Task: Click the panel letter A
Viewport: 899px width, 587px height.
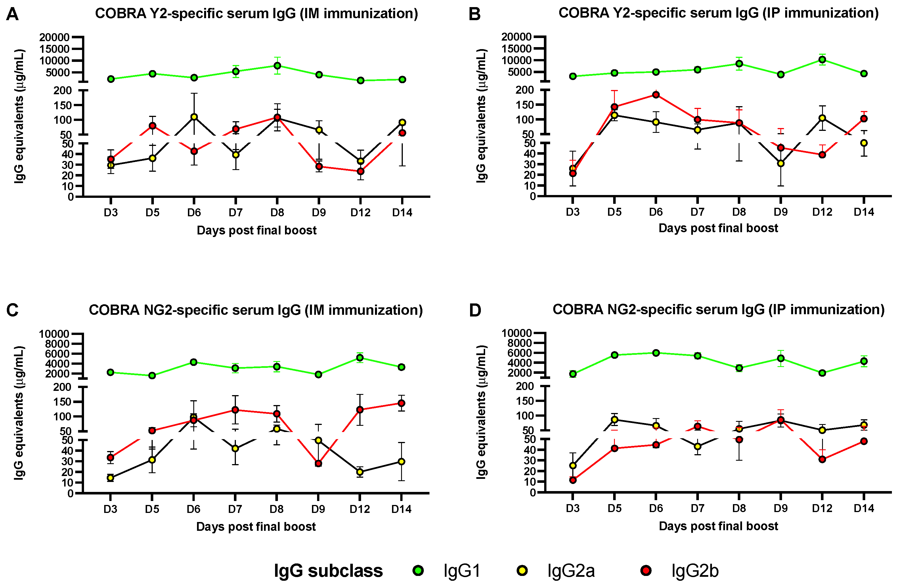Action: click(12, 14)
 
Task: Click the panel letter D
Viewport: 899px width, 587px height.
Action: click(475, 311)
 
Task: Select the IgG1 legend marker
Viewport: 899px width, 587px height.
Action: click(418, 570)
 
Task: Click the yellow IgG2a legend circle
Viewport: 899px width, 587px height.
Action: click(522, 570)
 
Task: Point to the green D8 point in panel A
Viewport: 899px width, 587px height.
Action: click(277, 66)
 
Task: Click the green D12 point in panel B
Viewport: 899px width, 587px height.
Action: click(822, 60)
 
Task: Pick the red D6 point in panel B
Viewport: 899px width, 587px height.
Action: click(656, 95)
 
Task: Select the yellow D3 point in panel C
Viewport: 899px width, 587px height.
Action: click(110, 478)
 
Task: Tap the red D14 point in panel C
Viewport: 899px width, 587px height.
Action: click(402, 403)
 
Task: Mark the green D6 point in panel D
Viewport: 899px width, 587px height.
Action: click(656, 353)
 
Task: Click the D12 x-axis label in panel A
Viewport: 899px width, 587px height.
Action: click(360, 213)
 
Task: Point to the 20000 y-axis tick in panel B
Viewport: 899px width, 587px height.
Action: click(516, 37)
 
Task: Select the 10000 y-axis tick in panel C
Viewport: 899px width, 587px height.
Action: click(54, 334)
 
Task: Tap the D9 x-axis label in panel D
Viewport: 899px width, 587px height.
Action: click(780, 508)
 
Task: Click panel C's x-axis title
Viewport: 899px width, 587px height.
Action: click(256, 527)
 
